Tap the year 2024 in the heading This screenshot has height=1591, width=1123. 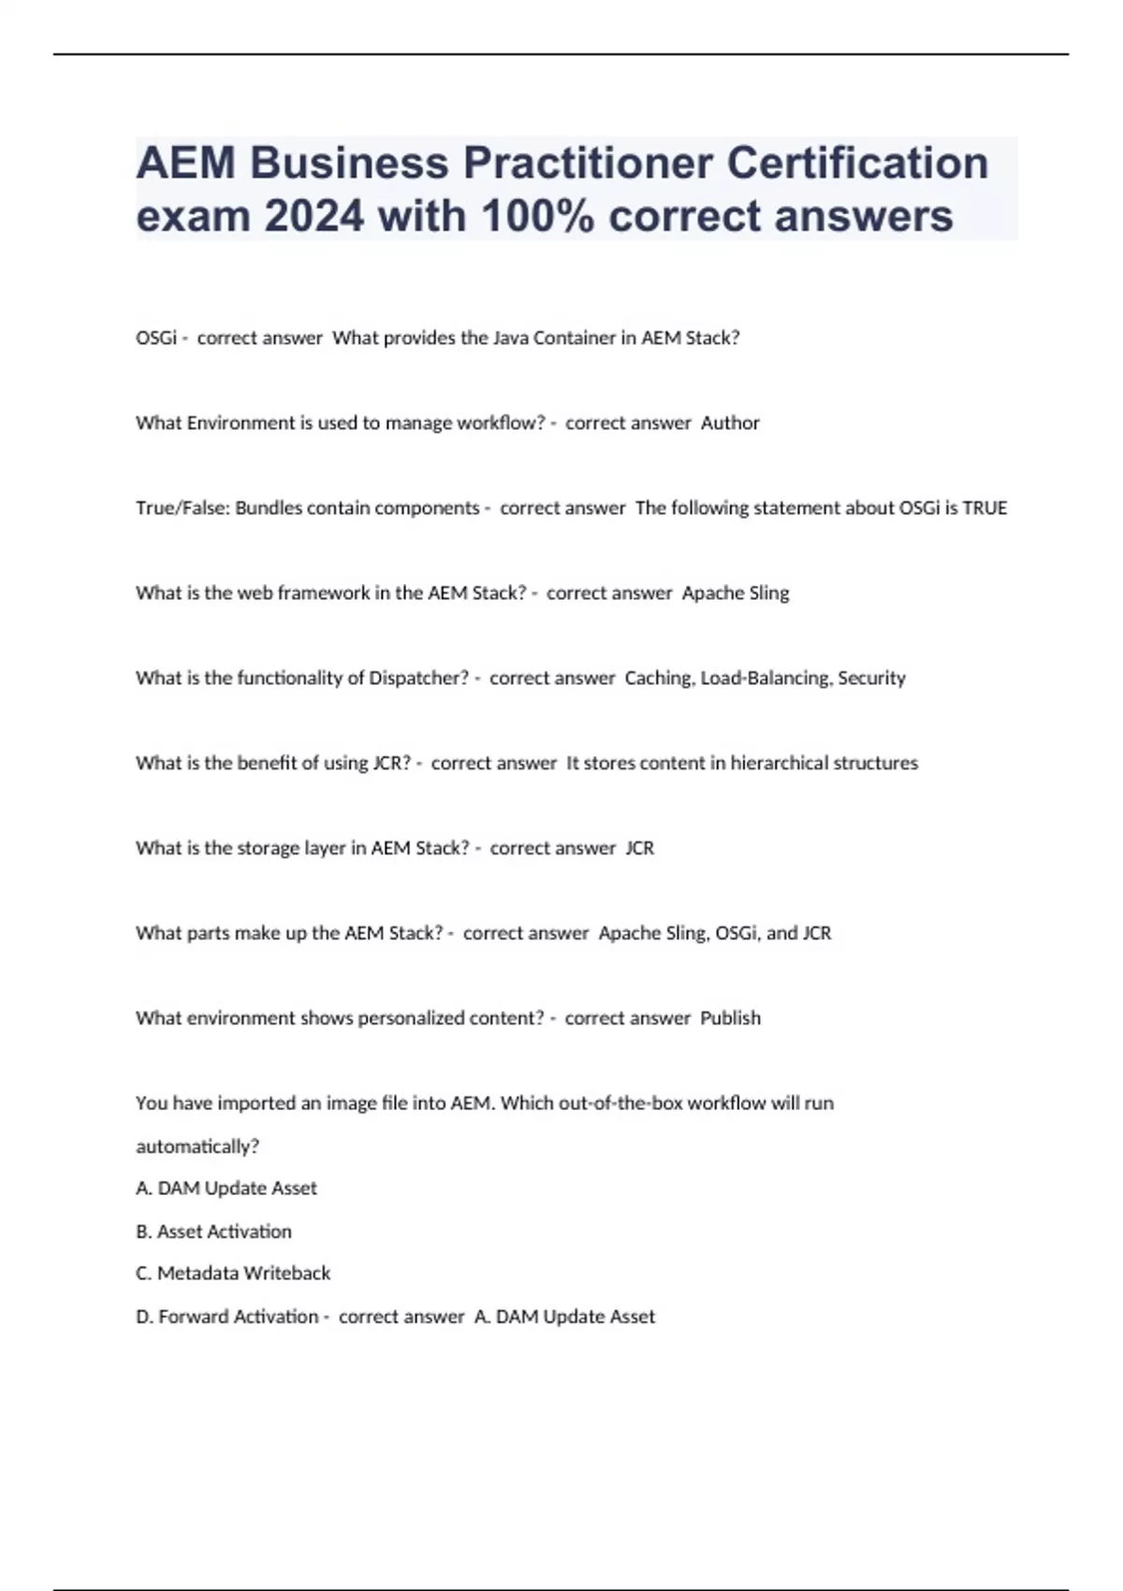click(314, 216)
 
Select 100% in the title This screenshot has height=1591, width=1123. click(538, 216)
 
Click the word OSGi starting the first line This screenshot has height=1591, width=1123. click(156, 338)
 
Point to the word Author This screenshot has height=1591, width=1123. click(730, 423)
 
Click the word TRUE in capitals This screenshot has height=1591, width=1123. click(984, 508)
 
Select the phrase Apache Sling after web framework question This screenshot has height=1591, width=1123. click(736, 593)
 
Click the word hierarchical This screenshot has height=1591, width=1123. click(785, 763)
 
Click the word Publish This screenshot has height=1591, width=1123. click(730, 1018)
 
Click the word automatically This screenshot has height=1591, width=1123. click(197, 1146)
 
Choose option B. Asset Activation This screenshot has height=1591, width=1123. click(214, 1232)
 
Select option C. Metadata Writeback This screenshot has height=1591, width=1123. click(233, 1274)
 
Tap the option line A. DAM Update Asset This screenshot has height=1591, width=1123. click(226, 1189)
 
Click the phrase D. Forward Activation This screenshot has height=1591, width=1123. click(227, 1317)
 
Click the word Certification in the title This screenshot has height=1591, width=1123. click(857, 163)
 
